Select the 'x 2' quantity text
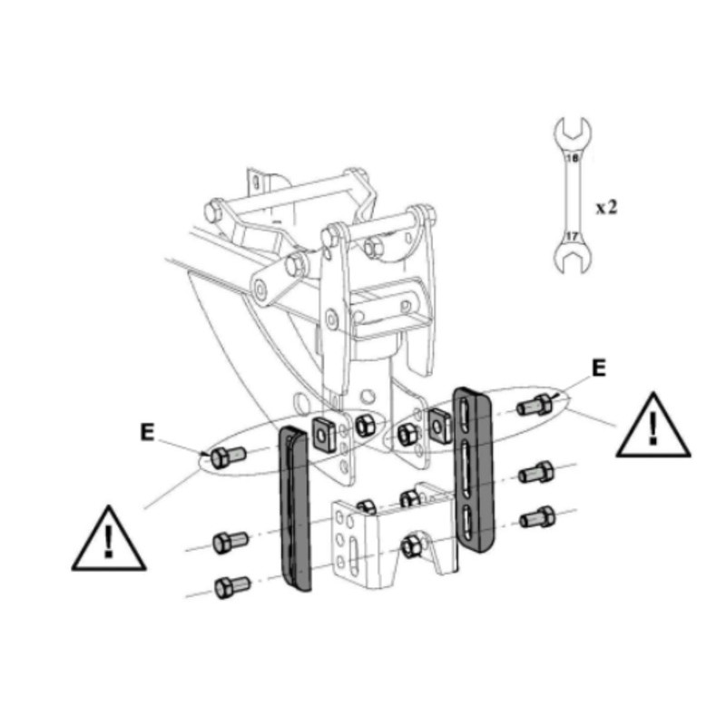tap(606, 207)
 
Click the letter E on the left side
tap(147, 432)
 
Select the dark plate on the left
tap(295, 508)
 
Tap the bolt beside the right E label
tap(533, 405)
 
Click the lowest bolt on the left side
tap(226, 585)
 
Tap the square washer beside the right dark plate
tap(440, 422)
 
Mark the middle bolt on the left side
tap(225, 543)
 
